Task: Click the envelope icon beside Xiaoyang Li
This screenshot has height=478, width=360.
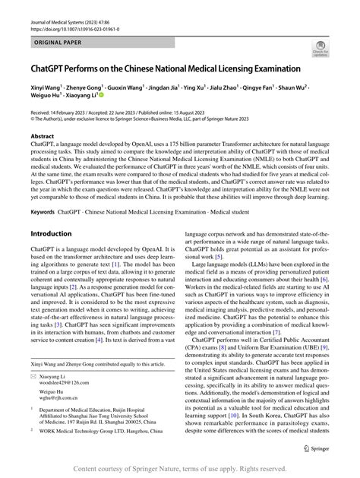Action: tap(33, 397)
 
